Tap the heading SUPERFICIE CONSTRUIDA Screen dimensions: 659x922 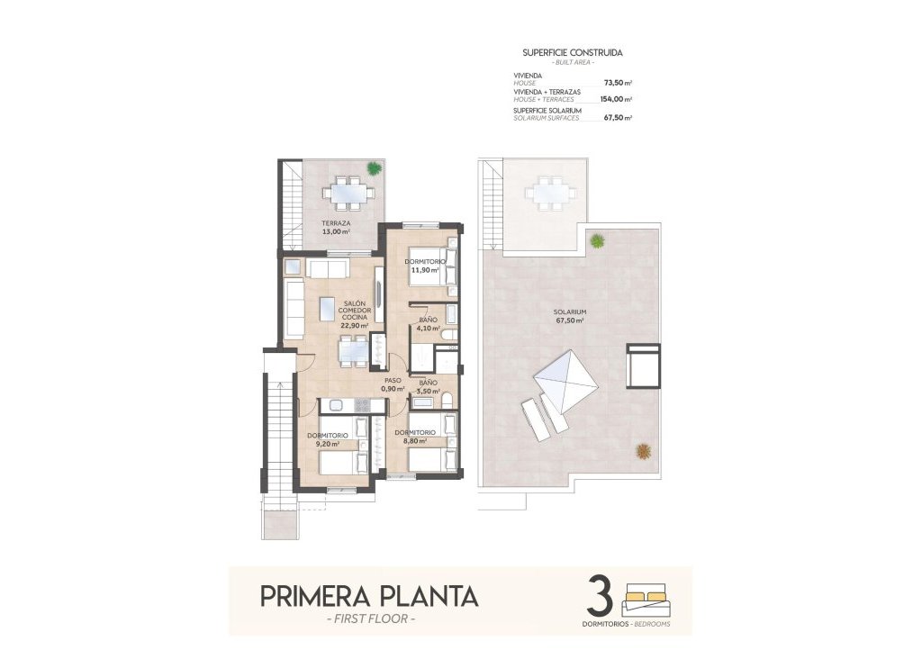click(x=572, y=53)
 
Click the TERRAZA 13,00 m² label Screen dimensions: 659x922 click(x=336, y=227)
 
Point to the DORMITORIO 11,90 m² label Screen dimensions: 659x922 click(x=422, y=264)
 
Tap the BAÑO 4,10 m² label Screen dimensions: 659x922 click(x=429, y=324)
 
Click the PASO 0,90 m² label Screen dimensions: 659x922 click(x=393, y=384)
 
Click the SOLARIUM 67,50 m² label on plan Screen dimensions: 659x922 click(x=571, y=316)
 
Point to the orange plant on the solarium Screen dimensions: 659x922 click(x=643, y=450)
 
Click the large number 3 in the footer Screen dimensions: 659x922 click(x=600, y=597)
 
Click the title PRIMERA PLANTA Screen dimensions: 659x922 click(x=369, y=596)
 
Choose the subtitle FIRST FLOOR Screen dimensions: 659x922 click(x=369, y=619)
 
